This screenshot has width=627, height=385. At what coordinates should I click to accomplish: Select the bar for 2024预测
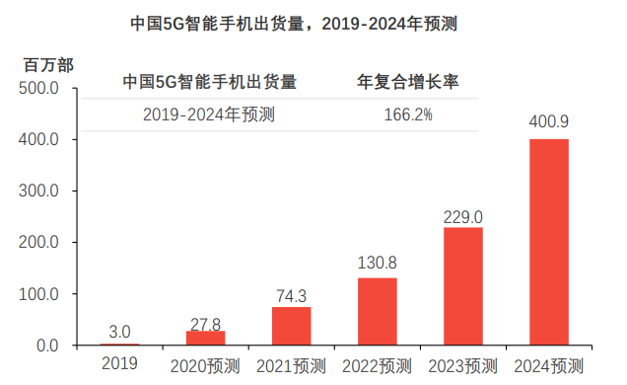(x=548, y=242)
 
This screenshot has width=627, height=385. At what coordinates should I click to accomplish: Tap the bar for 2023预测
(x=463, y=286)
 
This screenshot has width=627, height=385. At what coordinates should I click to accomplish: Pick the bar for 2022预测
(x=378, y=311)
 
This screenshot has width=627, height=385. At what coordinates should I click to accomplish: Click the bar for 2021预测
(x=292, y=326)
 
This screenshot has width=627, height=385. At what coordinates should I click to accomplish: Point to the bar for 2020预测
(x=206, y=338)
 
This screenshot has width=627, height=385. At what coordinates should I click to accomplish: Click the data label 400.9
(x=548, y=122)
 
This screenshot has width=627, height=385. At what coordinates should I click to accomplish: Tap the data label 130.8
(x=378, y=264)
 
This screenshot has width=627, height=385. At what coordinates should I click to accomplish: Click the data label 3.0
(x=120, y=331)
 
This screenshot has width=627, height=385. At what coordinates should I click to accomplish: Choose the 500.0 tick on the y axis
(x=42, y=89)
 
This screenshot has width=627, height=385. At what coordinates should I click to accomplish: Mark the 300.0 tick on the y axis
(x=42, y=192)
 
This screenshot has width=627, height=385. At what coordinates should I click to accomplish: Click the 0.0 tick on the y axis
(x=48, y=346)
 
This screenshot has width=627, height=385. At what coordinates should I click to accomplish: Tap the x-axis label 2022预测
(x=378, y=365)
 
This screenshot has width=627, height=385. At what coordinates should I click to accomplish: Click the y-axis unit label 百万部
(x=48, y=65)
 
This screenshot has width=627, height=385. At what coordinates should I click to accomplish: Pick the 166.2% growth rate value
(x=408, y=115)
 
